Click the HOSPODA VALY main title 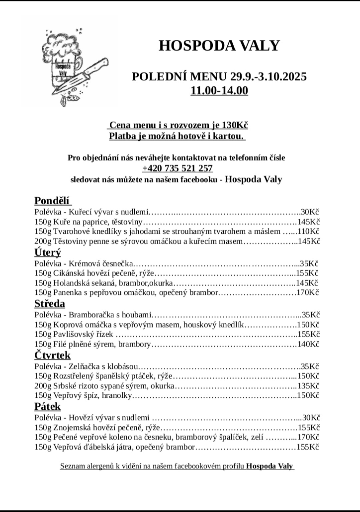point(219,46)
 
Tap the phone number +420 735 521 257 point(177,168)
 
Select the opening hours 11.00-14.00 point(219,91)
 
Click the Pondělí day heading point(52,201)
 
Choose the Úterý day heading point(48,253)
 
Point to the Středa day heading point(50,304)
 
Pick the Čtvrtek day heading point(52,355)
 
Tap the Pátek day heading point(48,406)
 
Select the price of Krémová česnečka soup point(309,263)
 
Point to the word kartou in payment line point(231,136)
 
